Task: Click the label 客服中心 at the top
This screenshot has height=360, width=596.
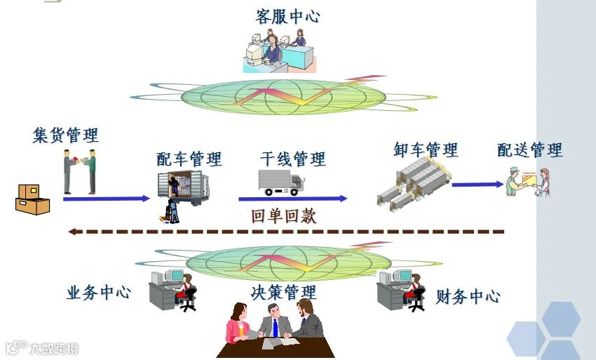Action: coord(287,15)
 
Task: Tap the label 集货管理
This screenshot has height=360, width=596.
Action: coord(65,135)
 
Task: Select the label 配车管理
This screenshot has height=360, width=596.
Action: coord(189,159)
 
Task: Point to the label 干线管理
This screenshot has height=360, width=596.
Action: coord(292,159)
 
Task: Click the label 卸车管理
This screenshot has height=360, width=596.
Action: coord(426,149)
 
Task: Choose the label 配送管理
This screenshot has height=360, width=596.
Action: coord(530,149)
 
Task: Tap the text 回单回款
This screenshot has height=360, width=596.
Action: coord(283,216)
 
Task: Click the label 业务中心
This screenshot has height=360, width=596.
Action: coord(98,293)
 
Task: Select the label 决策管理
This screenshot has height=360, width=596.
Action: coord(283,291)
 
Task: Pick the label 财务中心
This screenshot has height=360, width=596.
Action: coord(468,296)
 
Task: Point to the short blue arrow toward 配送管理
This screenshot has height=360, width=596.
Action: coord(478,185)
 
